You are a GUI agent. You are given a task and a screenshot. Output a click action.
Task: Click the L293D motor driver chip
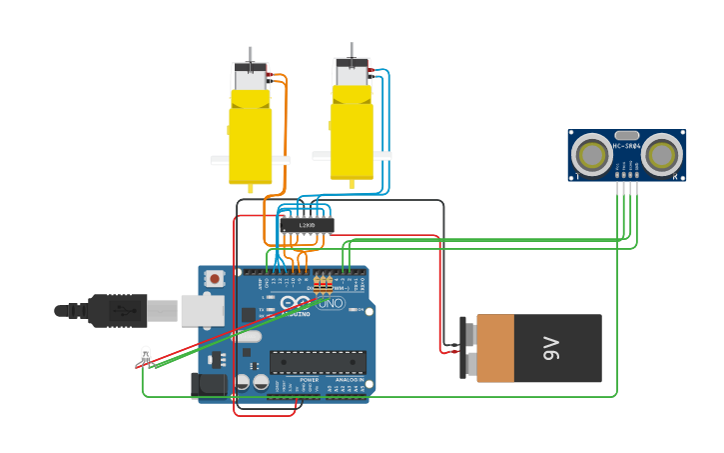click(307, 226)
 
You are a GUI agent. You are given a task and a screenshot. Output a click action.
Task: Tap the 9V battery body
click(539, 348)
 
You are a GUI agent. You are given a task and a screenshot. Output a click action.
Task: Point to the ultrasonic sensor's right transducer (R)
click(661, 155)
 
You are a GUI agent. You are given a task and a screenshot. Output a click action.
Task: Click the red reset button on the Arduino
click(215, 279)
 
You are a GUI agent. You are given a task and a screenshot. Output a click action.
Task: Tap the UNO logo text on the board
click(331, 303)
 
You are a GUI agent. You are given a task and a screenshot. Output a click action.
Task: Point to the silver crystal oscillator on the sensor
click(627, 135)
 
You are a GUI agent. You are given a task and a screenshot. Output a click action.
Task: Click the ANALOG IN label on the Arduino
click(348, 380)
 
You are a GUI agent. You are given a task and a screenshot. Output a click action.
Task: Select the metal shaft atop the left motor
click(251, 55)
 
